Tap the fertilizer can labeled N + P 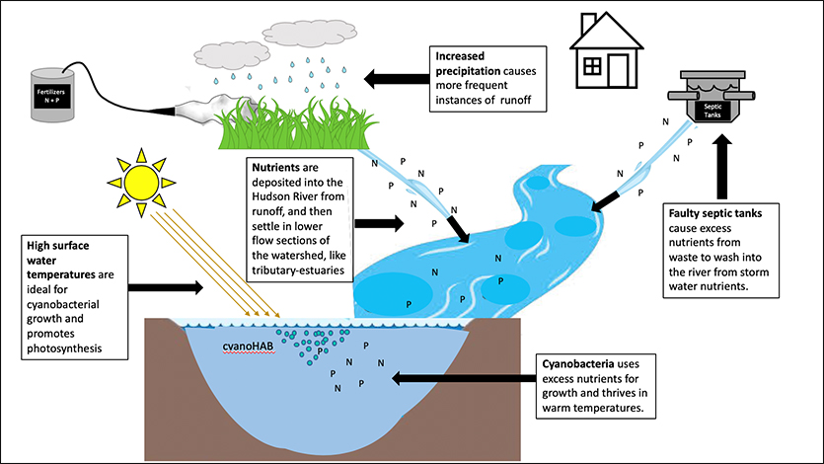click(49, 96)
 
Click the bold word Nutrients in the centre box click(279, 167)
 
